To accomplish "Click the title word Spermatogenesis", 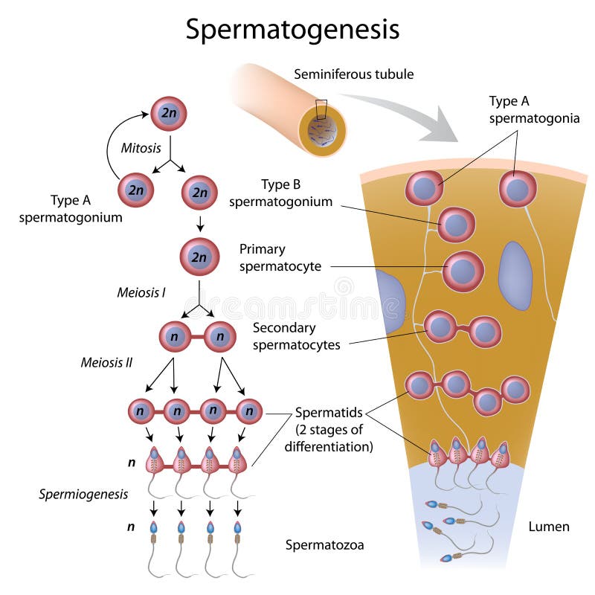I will pos(292,29).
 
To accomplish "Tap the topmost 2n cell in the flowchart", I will pos(169,114).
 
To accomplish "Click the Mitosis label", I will pos(141,148).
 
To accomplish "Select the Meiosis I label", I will pos(141,292).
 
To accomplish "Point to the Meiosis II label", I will pos(106,362).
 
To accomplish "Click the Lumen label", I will pos(549,527).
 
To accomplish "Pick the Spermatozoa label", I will pos(325,545).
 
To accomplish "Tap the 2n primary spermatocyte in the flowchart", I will pos(199,257).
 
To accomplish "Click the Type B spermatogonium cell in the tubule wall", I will pos(456,224).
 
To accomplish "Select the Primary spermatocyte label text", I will pos(280,257).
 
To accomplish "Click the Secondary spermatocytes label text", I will pos(296,336).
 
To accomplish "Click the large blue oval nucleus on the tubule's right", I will pos(515,274).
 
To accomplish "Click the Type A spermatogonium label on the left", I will pos(71,208).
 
